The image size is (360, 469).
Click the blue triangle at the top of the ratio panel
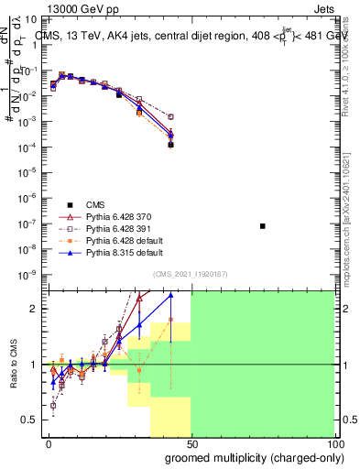[170, 295]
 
